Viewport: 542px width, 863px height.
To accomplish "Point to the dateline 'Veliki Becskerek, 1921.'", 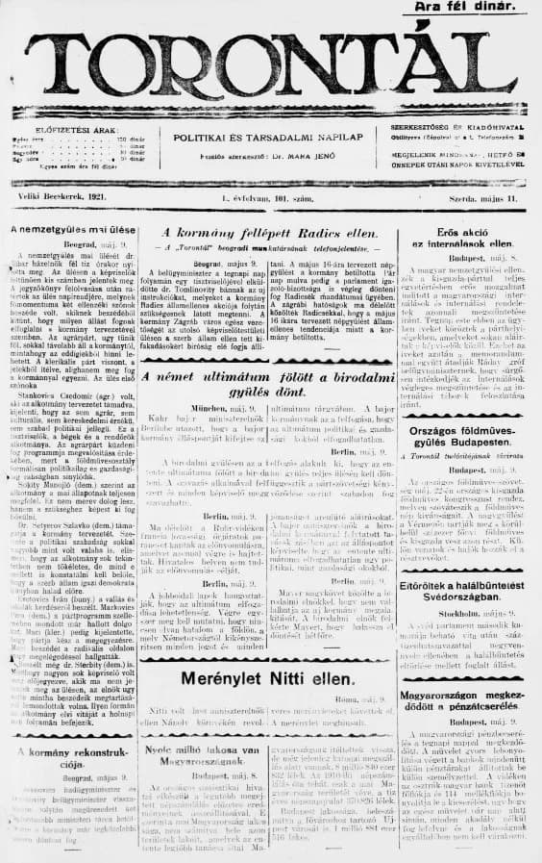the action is [58, 196].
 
